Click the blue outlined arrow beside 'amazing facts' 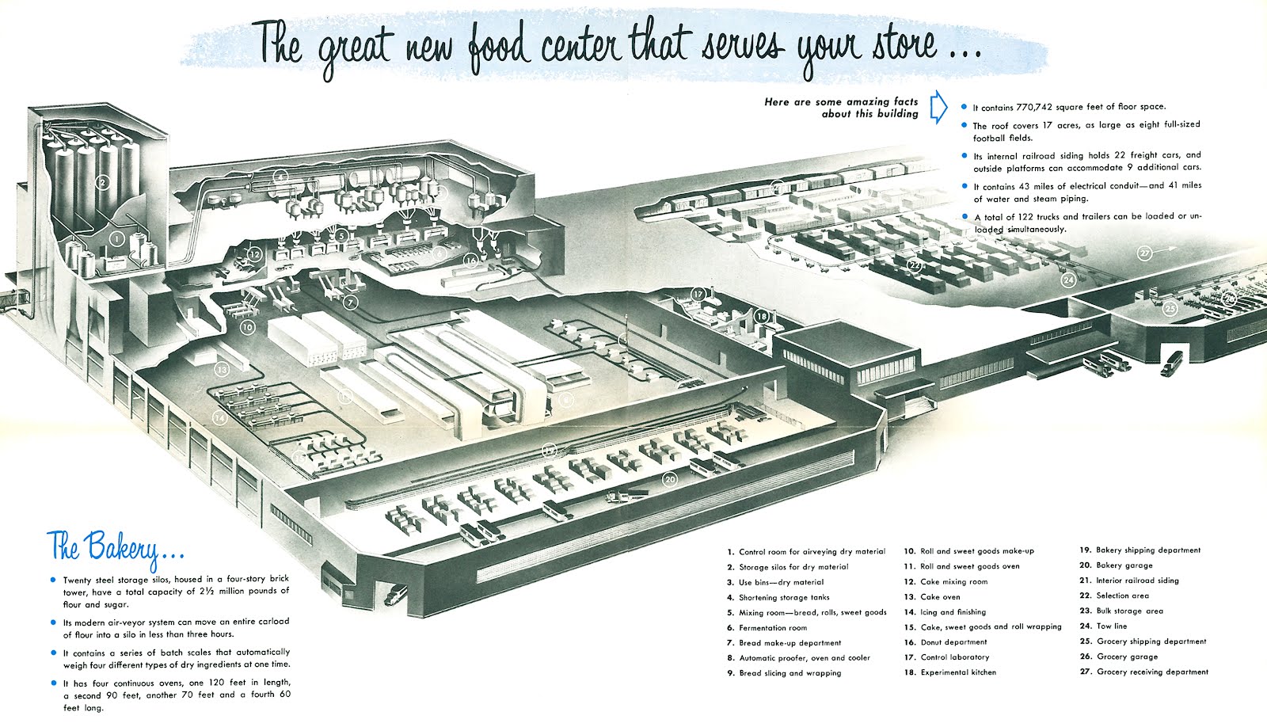[x=938, y=108]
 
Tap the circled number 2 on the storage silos [x=101, y=183]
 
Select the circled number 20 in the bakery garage [x=670, y=479]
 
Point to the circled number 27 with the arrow [x=1145, y=253]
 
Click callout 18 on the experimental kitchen [x=761, y=316]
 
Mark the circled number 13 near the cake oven [x=223, y=369]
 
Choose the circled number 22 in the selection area [x=915, y=266]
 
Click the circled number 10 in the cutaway [x=247, y=326]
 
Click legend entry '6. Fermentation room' [x=767, y=628]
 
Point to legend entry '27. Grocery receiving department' [x=1144, y=672]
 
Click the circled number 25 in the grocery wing [x=1170, y=309]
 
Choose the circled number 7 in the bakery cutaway [x=351, y=302]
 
